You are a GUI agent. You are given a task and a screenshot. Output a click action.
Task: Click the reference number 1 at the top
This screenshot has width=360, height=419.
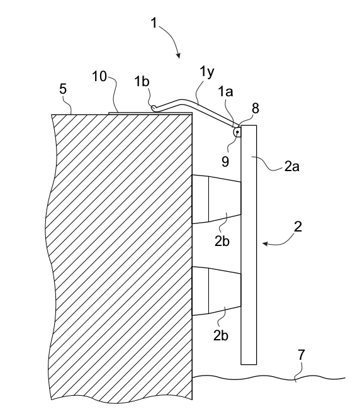click(x=154, y=23)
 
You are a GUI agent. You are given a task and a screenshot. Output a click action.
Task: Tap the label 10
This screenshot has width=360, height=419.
click(x=99, y=76)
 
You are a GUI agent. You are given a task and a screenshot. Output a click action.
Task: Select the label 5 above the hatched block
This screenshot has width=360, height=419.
click(x=63, y=89)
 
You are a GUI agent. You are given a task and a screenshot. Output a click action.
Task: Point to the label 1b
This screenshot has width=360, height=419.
click(x=142, y=81)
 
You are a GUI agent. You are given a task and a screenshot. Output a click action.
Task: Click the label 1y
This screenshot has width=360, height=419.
click(x=206, y=72)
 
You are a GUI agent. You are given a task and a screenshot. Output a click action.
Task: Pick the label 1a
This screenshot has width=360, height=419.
click(x=226, y=92)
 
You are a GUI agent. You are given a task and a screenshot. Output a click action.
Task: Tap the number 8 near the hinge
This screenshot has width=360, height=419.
click(x=256, y=108)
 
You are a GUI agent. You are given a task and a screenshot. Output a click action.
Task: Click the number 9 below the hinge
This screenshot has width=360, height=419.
click(x=225, y=162)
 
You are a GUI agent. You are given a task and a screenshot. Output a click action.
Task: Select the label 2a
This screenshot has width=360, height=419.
click(x=291, y=167)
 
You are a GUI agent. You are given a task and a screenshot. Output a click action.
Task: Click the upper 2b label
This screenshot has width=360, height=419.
click(x=222, y=241)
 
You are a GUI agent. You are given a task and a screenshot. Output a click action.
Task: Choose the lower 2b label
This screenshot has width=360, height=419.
click(x=221, y=335)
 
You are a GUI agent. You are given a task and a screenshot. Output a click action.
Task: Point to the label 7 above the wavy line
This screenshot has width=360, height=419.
click(x=301, y=355)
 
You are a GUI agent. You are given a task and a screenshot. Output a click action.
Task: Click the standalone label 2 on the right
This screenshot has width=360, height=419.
click(x=298, y=226)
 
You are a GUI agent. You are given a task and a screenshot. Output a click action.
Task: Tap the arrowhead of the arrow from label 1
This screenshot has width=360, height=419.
click(x=179, y=55)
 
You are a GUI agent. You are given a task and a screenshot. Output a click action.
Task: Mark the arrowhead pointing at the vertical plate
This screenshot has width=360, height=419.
click(x=265, y=243)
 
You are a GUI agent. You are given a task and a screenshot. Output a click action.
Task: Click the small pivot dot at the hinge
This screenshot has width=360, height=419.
click(x=237, y=131)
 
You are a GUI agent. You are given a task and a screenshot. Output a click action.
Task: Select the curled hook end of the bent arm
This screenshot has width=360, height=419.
click(x=154, y=108)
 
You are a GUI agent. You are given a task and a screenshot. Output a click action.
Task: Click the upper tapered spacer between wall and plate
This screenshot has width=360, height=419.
click(x=217, y=199)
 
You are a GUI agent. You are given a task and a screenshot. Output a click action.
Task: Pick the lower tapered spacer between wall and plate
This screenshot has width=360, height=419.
click(x=217, y=291)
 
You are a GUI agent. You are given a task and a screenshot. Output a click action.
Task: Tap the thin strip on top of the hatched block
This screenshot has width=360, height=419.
click(x=150, y=114)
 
